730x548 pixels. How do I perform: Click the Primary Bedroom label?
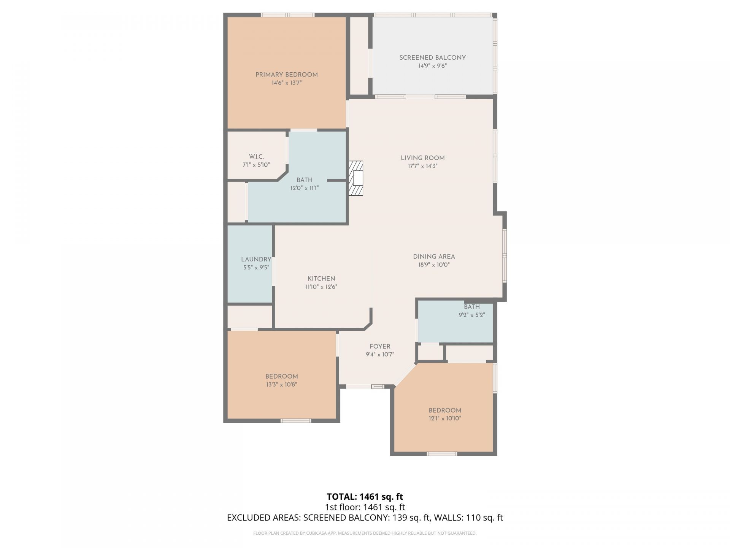[x=286, y=75]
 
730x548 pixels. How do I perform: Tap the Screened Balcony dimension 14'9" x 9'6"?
[x=432, y=66]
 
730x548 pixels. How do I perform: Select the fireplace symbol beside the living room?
[x=356, y=178]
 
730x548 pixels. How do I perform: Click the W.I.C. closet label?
[x=256, y=157]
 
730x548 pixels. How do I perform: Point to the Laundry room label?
[x=256, y=259]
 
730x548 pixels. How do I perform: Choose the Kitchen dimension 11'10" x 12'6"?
[x=321, y=287]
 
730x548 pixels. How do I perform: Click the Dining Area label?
[x=434, y=256]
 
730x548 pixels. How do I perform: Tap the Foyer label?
[x=380, y=346]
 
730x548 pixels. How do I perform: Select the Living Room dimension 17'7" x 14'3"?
[x=422, y=166]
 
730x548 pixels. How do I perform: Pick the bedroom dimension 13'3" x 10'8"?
[x=281, y=385]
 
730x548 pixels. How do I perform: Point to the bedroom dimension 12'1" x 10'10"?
[x=445, y=418]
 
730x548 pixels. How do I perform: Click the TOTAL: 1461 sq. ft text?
[x=365, y=497]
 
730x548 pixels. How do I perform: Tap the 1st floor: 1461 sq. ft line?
[x=365, y=507]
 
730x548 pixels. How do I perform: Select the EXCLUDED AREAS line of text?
[x=365, y=518]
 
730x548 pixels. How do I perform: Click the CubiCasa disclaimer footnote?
[x=365, y=533]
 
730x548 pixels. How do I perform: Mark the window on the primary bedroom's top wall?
[x=287, y=15]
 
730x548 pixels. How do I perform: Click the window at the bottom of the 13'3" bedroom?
[x=296, y=421]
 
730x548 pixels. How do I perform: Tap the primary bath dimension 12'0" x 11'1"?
[x=304, y=188]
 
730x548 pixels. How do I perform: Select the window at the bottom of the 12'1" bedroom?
[x=442, y=454]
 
